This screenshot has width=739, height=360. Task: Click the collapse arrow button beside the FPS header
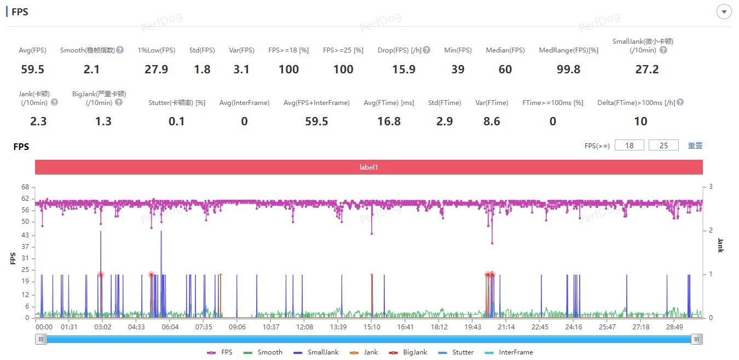724,11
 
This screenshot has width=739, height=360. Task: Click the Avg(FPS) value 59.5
33,69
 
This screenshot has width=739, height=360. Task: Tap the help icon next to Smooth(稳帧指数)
120,50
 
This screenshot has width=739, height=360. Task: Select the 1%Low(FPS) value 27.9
157,69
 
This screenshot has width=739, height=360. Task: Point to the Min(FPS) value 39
458,69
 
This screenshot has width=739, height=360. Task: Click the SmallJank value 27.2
643,69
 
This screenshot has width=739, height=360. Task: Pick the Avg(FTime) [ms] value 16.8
389,121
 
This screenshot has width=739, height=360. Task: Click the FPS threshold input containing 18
629,146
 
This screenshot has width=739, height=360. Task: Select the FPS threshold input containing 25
663,146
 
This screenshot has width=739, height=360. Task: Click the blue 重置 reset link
695,146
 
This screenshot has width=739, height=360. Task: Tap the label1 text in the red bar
368,167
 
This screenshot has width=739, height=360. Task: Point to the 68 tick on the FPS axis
25,187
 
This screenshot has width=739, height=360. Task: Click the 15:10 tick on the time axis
372,327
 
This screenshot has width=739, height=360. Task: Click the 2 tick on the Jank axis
711,230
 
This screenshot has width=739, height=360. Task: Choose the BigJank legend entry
411,352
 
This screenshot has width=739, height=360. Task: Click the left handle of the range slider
41,339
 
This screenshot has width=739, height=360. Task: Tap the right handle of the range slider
696,339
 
